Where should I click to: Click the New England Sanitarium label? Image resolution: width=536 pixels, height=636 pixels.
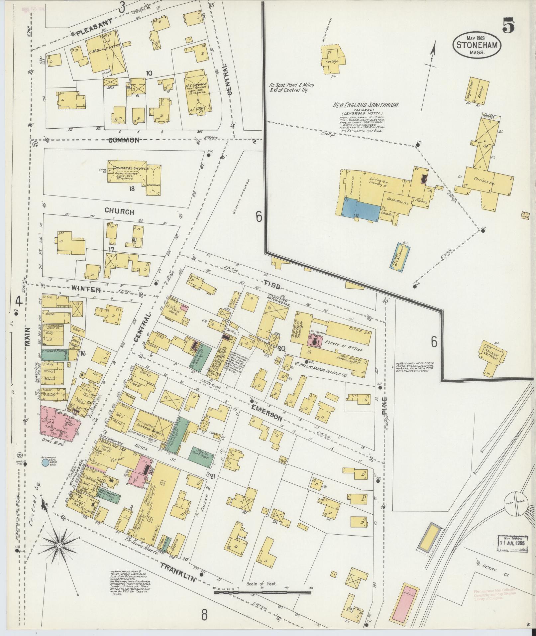366,105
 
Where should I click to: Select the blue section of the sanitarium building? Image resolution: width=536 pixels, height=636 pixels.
362,210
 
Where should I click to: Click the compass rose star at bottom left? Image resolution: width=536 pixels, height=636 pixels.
59,546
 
